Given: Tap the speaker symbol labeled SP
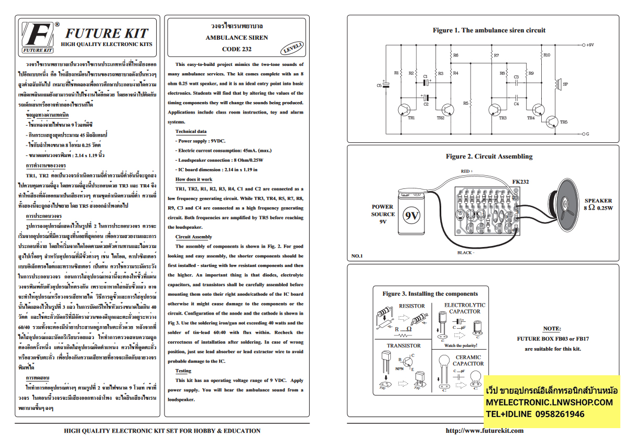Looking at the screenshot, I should [557, 84].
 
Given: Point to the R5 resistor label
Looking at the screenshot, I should [465, 104].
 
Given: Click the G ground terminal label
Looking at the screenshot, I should [587, 134].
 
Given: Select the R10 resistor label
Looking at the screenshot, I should [546, 54].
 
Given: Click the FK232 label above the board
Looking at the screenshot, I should [520, 182].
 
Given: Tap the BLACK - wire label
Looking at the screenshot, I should [465, 252].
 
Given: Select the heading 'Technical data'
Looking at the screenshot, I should [191, 131].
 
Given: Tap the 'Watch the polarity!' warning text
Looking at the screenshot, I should [461, 345].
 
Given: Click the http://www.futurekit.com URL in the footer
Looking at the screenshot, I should [484, 431].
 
